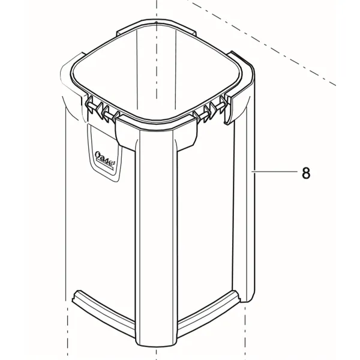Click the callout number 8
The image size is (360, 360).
[306, 173]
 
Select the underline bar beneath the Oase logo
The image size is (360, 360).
[104, 166]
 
